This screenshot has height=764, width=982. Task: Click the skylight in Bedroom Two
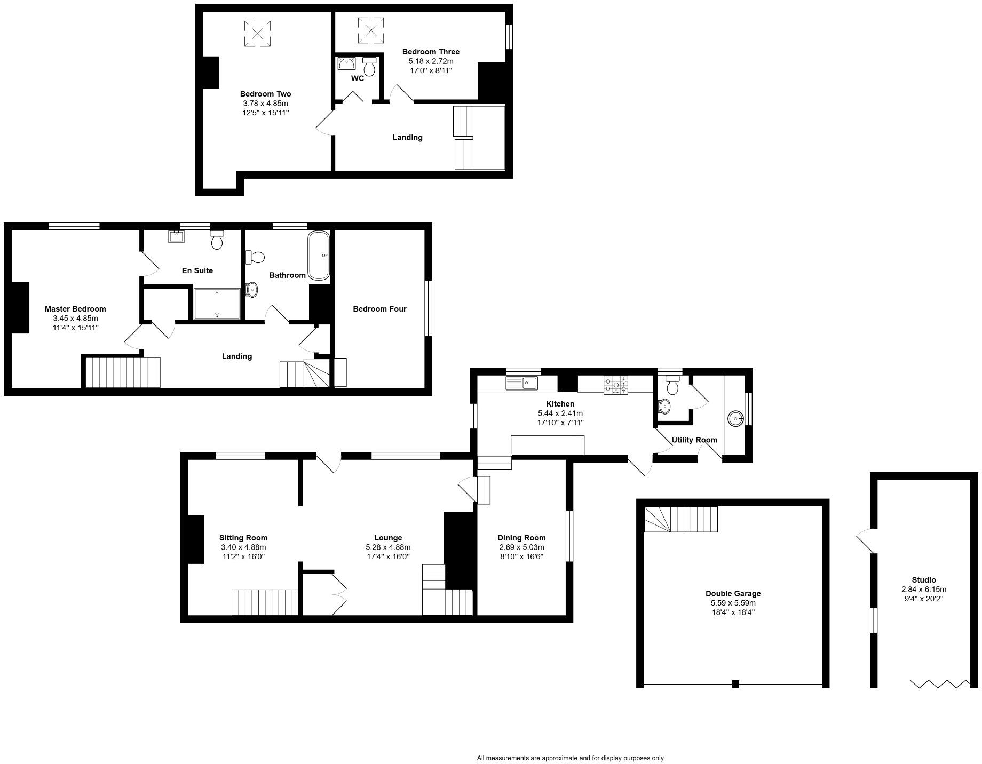(257, 34)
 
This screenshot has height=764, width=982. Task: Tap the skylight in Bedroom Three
(370, 30)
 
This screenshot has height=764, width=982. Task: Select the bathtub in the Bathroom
(319, 256)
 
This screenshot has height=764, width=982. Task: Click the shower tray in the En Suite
(217, 304)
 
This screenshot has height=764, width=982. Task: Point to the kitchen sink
(522, 383)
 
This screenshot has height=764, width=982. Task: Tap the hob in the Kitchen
(616, 385)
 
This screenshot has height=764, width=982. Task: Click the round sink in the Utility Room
(735, 418)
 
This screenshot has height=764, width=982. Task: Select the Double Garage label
(733, 593)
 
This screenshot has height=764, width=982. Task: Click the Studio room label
(923, 580)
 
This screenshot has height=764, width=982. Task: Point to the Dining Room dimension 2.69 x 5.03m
(521, 547)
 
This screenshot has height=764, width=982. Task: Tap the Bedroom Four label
(379, 309)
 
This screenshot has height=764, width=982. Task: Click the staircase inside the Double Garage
(681, 519)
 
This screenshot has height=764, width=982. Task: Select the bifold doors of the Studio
(940, 683)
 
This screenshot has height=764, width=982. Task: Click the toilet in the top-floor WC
(369, 67)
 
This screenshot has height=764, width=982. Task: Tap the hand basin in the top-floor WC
(346, 63)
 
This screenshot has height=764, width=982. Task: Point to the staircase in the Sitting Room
(264, 602)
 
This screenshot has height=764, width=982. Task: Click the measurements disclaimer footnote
(570, 758)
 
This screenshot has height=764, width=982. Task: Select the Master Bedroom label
(75, 309)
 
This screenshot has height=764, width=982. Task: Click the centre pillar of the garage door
(735, 684)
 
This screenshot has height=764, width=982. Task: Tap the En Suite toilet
(217, 241)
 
